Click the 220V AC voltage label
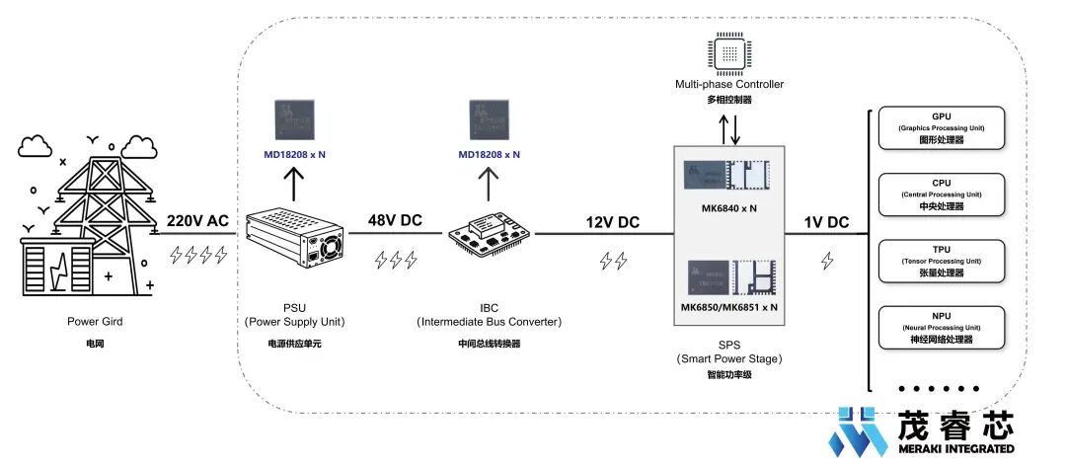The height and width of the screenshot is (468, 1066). pos(198,222)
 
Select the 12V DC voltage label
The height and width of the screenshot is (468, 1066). pos(612,223)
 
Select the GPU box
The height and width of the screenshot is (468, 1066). pos(942,128)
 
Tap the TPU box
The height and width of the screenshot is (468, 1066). pos(942,262)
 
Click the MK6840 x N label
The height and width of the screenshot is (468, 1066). pos(729,208)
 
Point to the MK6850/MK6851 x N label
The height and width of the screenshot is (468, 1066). pos(729,307)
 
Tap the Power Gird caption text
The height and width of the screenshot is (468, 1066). pos(96,321)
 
